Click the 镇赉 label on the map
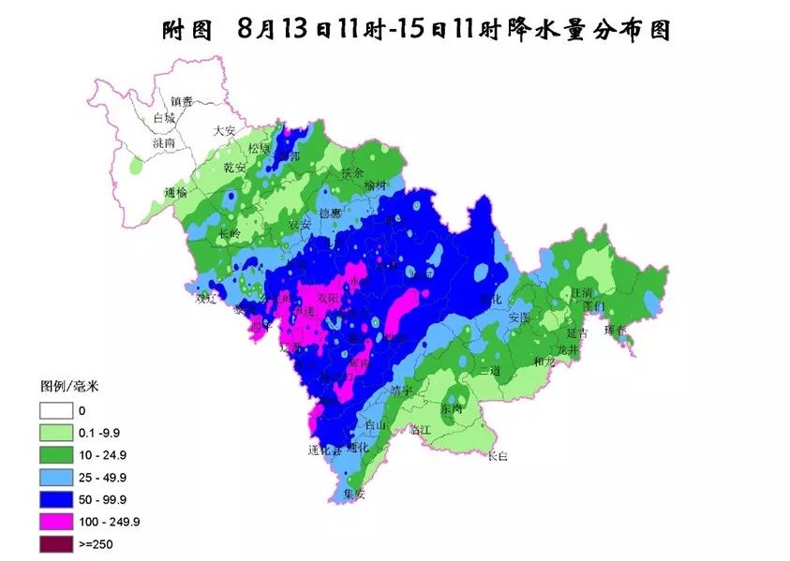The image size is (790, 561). coord(182,101)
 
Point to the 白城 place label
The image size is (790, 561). coord(164,119)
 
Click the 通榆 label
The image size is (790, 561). coord(175,192)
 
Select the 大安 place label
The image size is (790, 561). coord(225,131)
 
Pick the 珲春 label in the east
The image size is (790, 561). coord(616,329)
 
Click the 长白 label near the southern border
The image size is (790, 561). coord(498,456)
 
